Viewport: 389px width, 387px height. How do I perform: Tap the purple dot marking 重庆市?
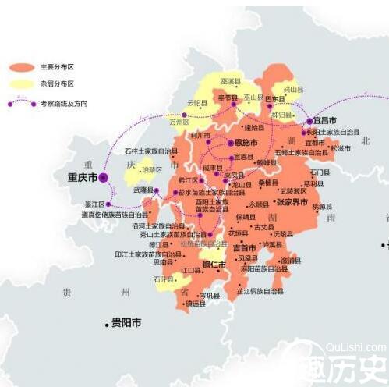point(103,178)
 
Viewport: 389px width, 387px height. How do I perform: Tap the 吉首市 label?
point(244,247)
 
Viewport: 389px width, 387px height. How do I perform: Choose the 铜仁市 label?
point(214,265)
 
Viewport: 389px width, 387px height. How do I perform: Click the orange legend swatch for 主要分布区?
point(21,67)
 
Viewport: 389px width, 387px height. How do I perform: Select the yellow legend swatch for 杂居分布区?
point(21,84)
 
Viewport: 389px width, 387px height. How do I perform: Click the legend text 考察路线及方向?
point(59,101)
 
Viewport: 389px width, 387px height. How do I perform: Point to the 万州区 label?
point(179,122)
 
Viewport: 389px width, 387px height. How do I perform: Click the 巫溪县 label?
point(231,80)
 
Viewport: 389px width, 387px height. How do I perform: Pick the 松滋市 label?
point(341,147)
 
